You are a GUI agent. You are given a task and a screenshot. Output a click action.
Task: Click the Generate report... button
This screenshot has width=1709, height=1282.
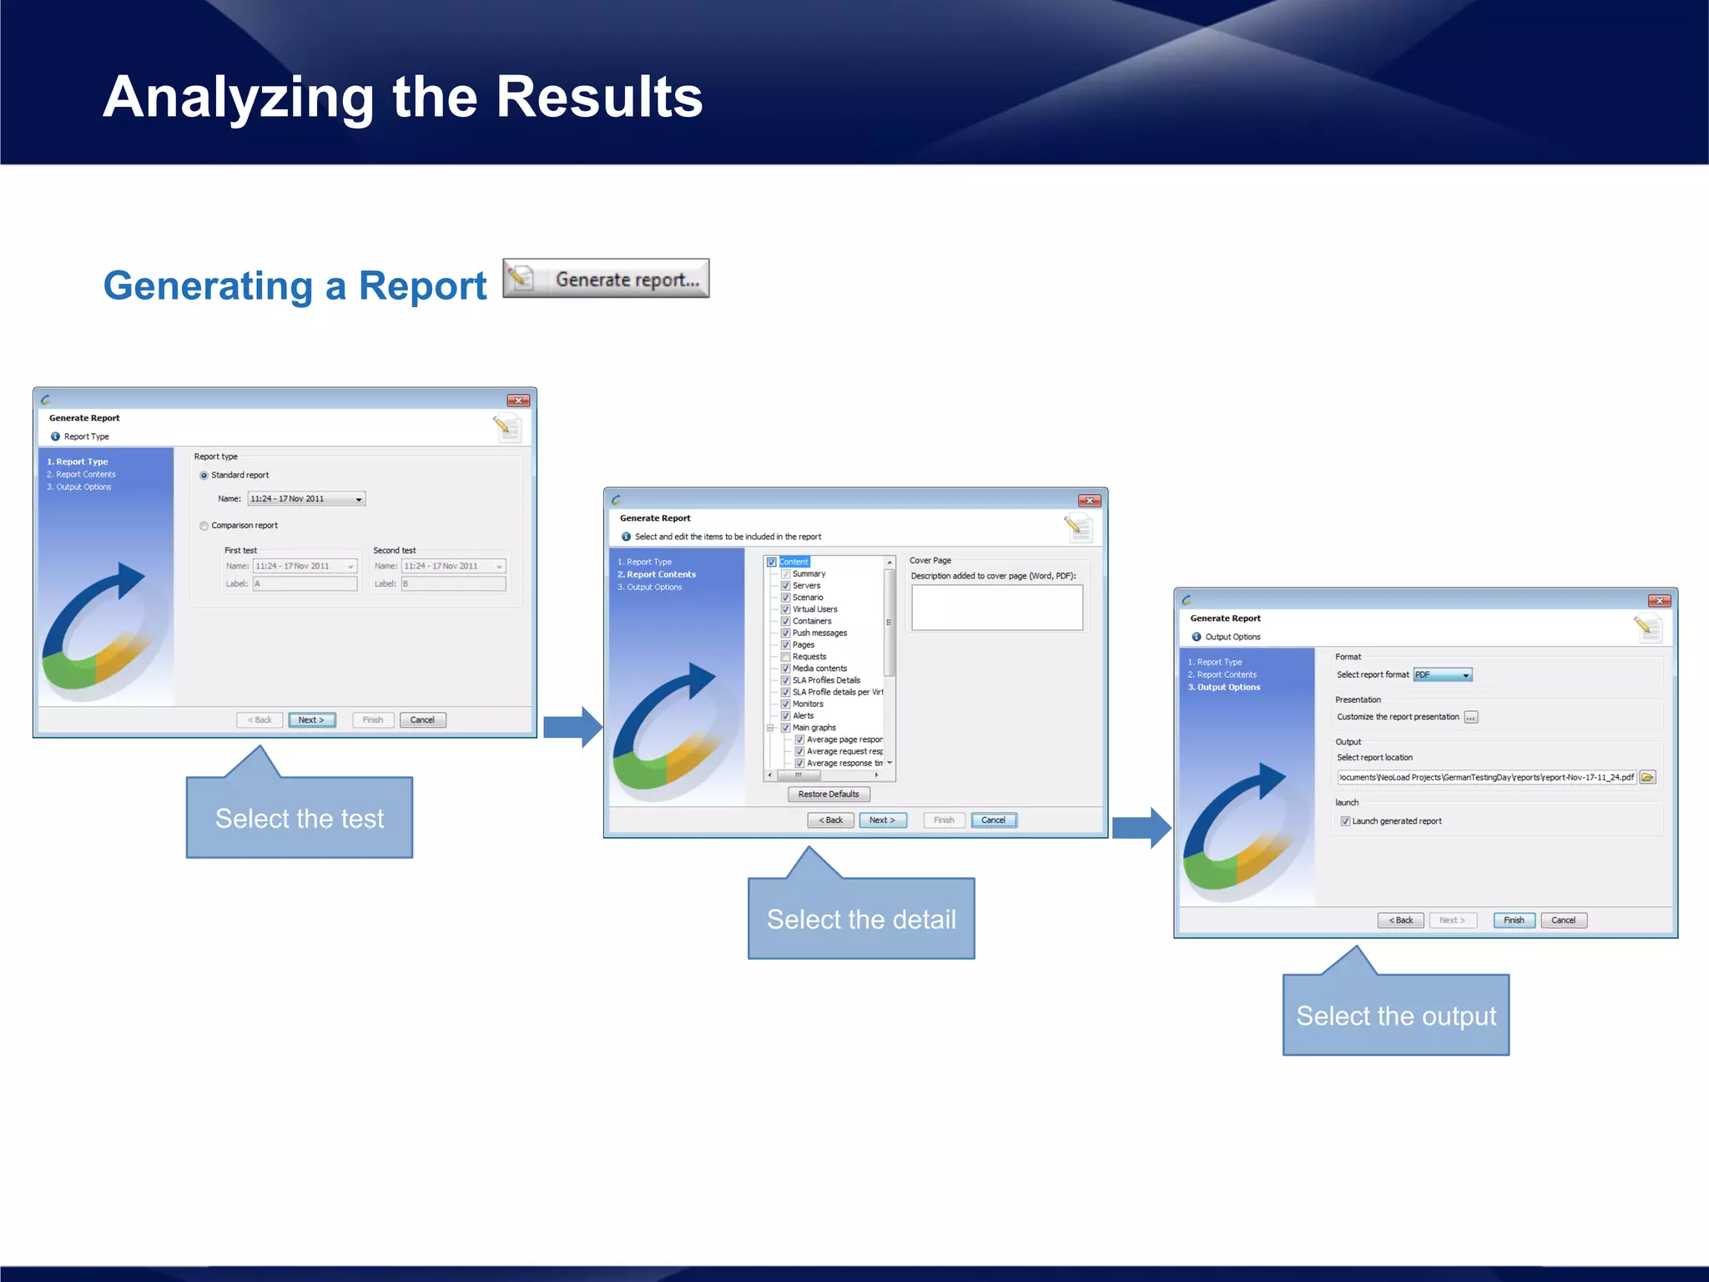pos(606,279)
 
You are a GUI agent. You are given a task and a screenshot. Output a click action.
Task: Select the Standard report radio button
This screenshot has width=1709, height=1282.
pos(204,476)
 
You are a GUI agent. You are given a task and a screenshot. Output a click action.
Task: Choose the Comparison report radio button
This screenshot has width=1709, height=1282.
pos(204,526)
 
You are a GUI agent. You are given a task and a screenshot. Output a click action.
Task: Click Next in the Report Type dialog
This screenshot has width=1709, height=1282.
pos(311,720)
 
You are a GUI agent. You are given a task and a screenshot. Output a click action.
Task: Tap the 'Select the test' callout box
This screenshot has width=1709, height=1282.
pos(300,818)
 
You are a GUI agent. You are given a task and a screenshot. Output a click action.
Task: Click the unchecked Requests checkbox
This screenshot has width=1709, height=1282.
pos(785,657)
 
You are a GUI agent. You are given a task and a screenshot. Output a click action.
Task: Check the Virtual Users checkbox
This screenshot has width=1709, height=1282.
pos(785,609)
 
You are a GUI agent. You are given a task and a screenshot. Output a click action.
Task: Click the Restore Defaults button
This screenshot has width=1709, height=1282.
pos(828,795)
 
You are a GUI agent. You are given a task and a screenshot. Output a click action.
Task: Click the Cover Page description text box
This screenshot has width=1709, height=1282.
pos(997,608)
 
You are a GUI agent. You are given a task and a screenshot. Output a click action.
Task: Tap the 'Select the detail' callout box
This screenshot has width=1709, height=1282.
pos(861,919)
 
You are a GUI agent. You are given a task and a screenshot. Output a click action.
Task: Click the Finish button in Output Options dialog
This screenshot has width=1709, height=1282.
pos(1514,921)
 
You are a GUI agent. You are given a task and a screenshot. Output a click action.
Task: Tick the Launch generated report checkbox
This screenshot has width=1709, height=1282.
pos(1345,821)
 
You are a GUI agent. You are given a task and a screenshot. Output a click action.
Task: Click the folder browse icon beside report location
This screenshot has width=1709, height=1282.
pos(1647,778)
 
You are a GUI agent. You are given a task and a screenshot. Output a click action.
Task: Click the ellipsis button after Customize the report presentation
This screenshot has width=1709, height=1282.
pos(1471,718)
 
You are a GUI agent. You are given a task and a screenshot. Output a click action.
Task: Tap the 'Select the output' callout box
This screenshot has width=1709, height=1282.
pos(1396,1016)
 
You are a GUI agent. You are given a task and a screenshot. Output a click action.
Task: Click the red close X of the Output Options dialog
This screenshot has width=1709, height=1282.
pos(1659,601)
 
